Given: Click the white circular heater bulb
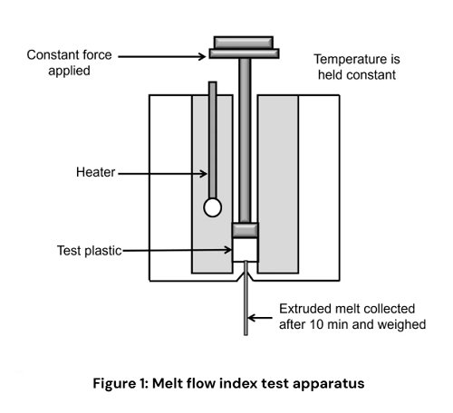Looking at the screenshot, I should [x=212, y=207].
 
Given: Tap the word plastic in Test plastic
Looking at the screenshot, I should [x=101, y=251].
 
